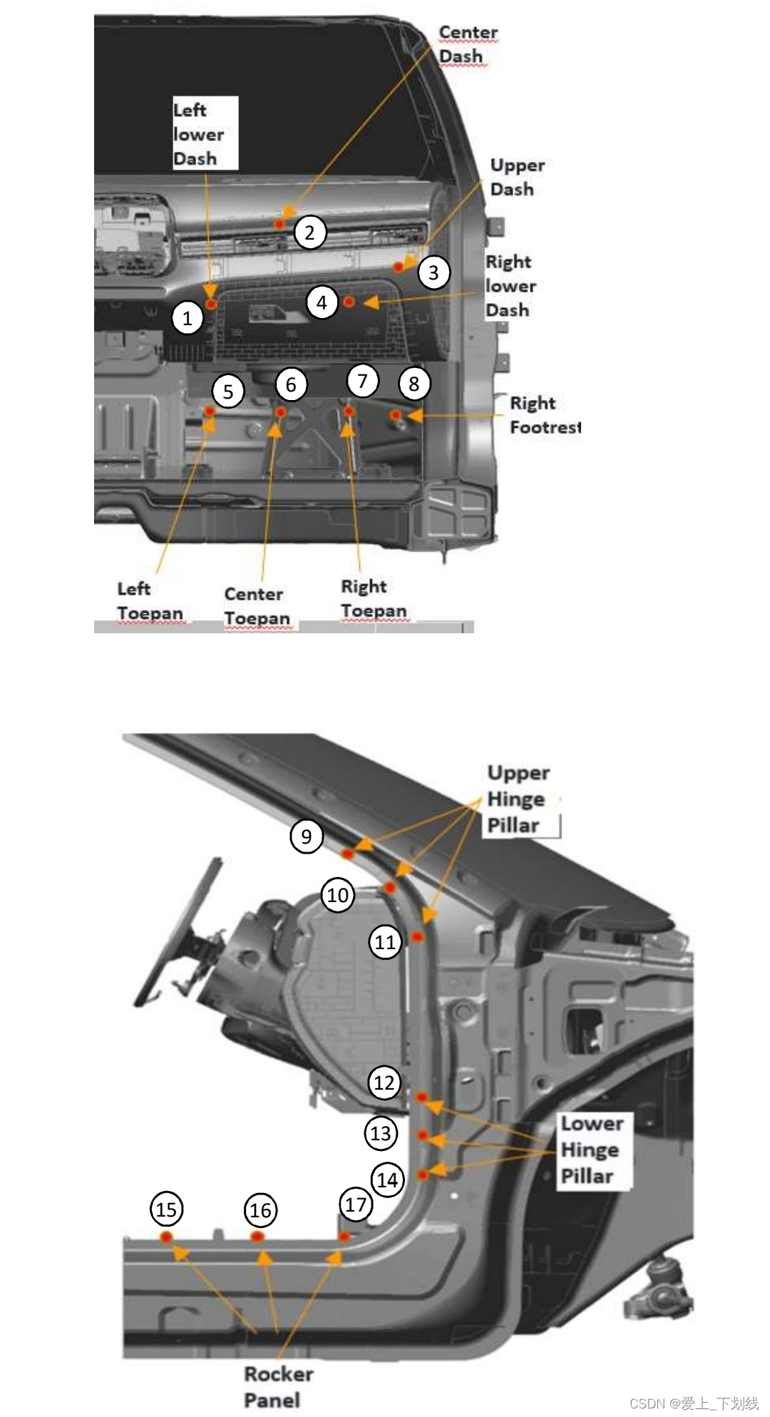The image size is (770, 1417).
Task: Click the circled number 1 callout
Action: [x=188, y=317]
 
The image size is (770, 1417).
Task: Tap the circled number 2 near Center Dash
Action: [x=309, y=232]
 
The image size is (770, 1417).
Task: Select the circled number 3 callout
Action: [x=433, y=272]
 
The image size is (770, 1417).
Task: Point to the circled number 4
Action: [x=322, y=303]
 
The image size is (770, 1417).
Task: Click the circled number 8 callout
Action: [x=414, y=384]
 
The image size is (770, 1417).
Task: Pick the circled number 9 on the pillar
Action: [x=307, y=836]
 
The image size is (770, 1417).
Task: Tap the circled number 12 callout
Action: [x=384, y=1083]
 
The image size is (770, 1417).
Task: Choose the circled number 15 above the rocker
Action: [x=166, y=1209]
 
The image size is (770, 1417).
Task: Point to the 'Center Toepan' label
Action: [x=257, y=606]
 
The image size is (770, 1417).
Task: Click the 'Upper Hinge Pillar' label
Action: [x=518, y=799]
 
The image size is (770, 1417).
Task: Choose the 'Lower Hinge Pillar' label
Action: [x=591, y=1150]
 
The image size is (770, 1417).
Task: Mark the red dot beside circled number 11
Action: [x=418, y=936]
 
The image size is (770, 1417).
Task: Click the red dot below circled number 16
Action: [x=257, y=1236]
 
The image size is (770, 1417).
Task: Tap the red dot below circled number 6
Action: [x=281, y=412]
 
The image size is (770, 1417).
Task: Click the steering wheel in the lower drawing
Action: [x=178, y=934]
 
